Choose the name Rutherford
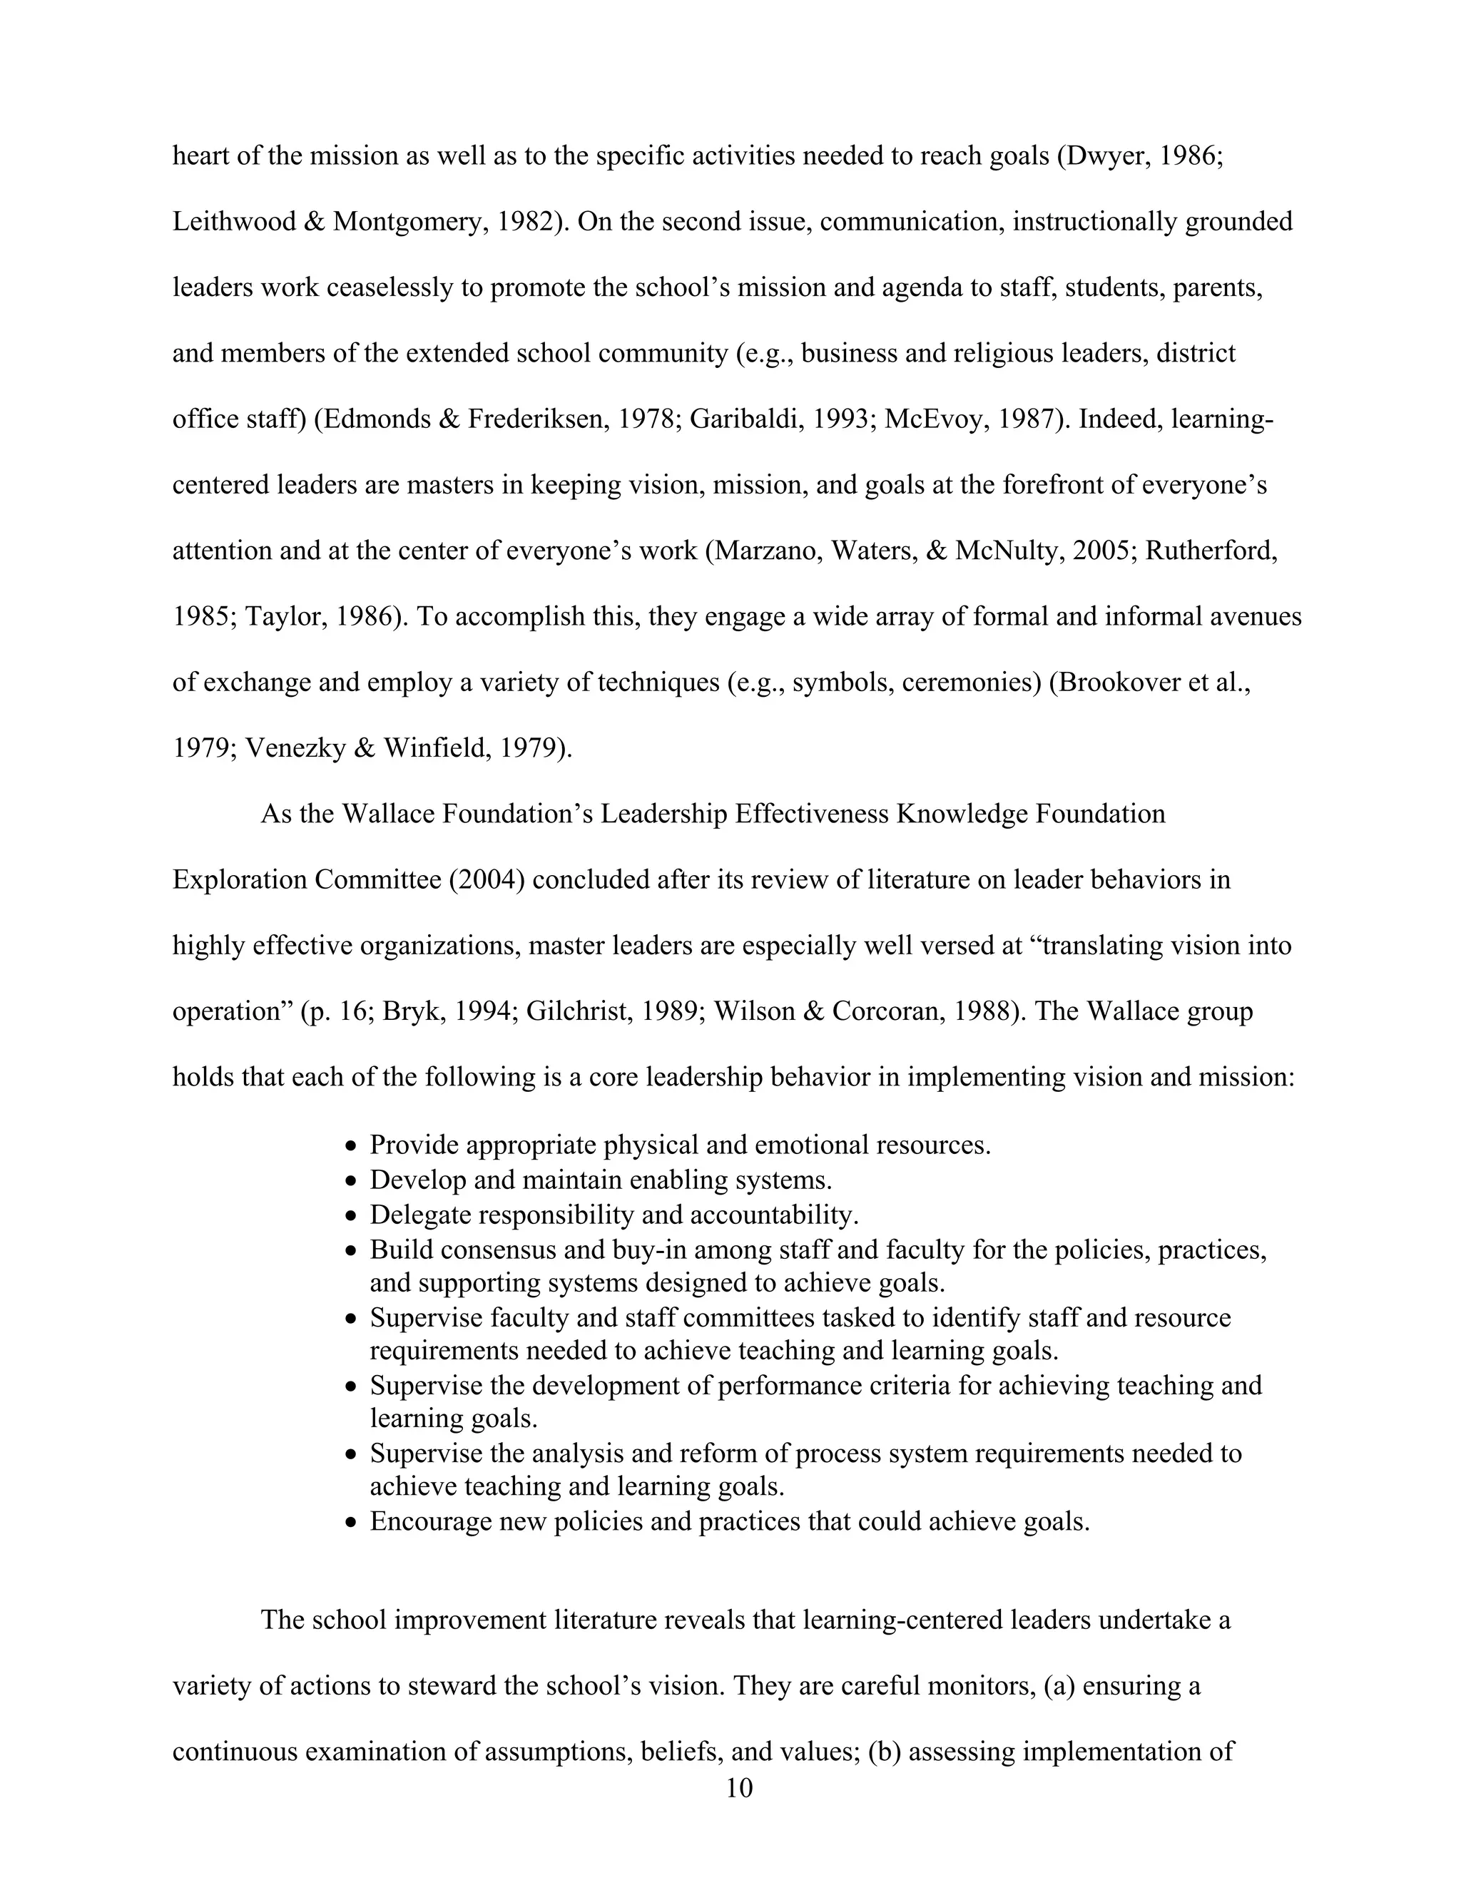[x=1209, y=551]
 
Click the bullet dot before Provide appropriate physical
[x=350, y=1147]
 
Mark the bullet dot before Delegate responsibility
[x=350, y=1216]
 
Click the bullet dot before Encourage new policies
[x=350, y=1522]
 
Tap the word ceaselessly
[x=390, y=288]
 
